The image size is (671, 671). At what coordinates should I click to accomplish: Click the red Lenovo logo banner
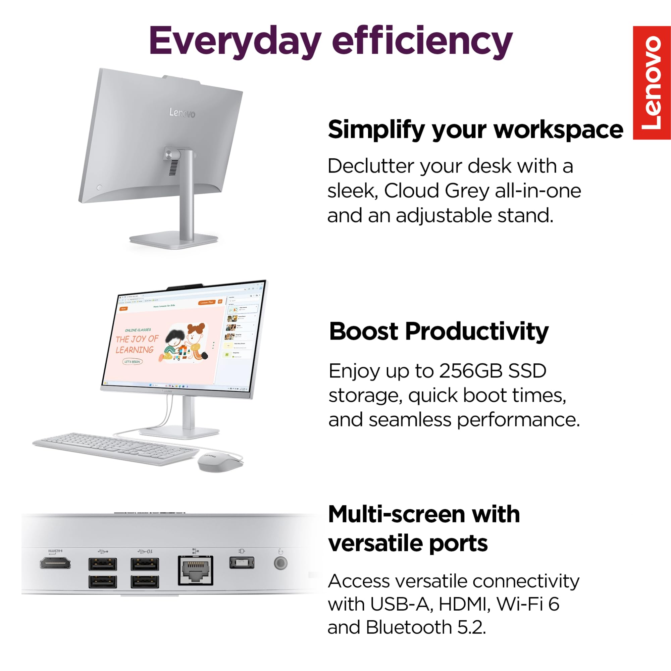point(652,83)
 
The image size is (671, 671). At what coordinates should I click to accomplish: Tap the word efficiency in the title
point(422,41)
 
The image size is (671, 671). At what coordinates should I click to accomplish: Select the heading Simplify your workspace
point(475,130)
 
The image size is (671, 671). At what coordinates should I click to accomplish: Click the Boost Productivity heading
point(438,331)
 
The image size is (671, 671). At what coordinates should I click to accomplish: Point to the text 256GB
point(471,371)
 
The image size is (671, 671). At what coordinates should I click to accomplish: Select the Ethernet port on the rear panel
point(196,570)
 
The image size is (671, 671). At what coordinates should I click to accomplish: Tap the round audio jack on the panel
point(280,563)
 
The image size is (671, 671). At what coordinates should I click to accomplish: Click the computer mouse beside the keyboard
point(219,461)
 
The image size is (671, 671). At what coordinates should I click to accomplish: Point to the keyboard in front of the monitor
point(115,448)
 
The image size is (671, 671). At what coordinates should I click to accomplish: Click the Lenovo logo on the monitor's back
point(182,113)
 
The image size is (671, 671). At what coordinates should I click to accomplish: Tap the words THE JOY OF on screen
point(137,339)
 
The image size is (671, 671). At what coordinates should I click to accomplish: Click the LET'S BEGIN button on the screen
point(132,362)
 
